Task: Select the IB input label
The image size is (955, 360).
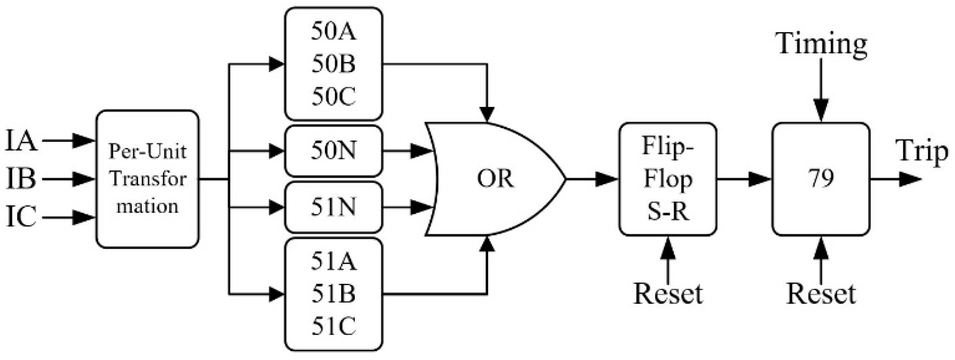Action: pos(21,179)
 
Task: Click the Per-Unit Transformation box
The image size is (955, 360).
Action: pos(147,179)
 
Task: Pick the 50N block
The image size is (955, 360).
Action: pos(333,151)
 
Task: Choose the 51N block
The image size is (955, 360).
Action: pos(333,207)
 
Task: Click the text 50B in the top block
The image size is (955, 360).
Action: pos(333,64)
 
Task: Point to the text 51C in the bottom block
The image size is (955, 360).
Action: pos(333,325)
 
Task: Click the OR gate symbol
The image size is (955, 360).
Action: pos(495,179)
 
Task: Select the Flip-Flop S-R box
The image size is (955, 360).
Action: pos(668,179)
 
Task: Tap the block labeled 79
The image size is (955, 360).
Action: pos(820,179)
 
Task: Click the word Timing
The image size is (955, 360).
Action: pos(822,43)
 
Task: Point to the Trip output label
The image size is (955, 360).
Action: pos(922,152)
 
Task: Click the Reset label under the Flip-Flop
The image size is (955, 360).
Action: pos(668,293)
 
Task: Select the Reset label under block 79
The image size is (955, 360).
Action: pos(821,293)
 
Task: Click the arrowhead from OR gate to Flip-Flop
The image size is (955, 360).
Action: pos(608,179)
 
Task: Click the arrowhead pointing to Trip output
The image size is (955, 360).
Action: pos(911,179)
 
